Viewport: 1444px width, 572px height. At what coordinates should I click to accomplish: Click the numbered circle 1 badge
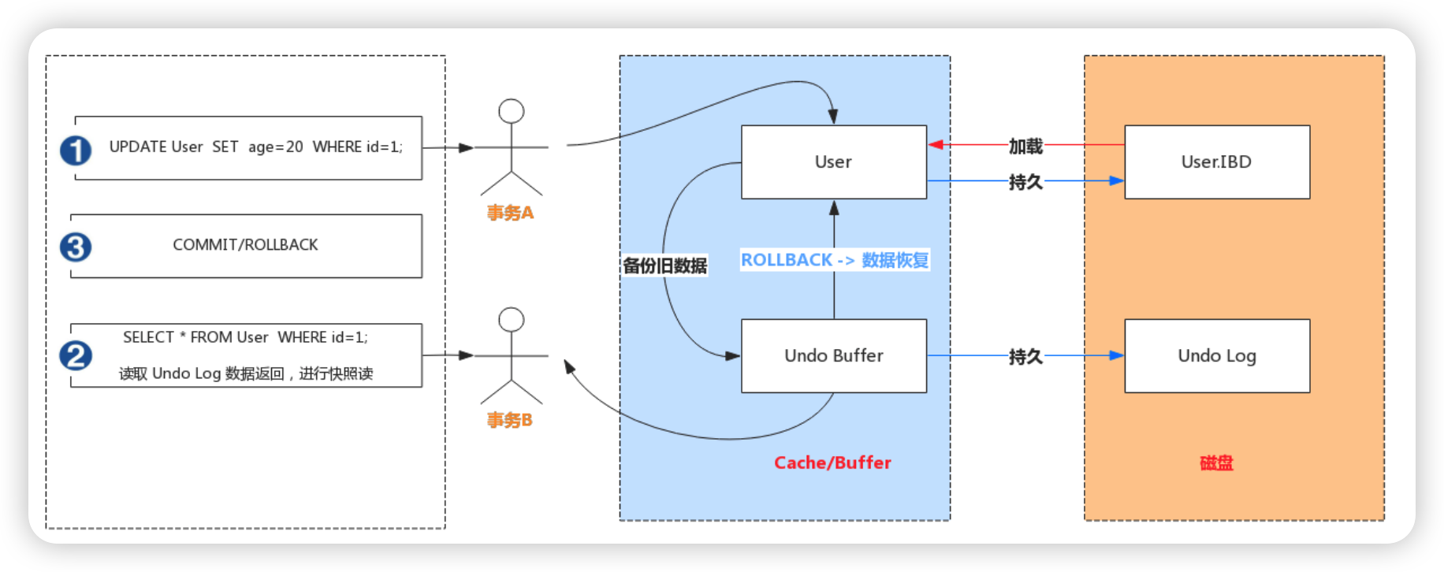(76, 150)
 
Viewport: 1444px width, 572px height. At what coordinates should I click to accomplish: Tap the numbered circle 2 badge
(76, 355)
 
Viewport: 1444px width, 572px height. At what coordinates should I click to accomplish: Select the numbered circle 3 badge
(76, 247)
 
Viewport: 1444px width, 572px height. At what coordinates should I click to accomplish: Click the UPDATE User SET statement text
(255, 147)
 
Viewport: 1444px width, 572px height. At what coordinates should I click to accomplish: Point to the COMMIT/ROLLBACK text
(245, 245)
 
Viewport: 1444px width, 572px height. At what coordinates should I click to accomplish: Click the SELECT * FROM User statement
(245, 337)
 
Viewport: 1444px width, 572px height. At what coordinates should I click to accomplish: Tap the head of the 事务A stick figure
(512, 111)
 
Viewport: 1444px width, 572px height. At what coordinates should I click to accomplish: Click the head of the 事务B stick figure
(512, 319)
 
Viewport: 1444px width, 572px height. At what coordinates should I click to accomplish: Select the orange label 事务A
(510, 213)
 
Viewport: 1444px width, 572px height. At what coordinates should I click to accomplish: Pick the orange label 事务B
(510, 420)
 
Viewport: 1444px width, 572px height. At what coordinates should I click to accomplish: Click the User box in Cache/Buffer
(834, 162)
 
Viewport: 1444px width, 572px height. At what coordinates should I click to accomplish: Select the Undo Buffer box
(834, 355)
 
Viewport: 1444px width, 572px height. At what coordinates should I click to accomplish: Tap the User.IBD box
(1217, 162)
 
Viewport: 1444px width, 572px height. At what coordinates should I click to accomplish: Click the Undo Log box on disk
(1217, 355)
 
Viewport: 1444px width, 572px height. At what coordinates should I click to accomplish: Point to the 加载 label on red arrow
(1025, 146)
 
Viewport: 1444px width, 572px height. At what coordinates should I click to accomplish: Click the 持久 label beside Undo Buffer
(1025, 357)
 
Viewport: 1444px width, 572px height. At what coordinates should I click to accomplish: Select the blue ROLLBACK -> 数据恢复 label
(835, 260)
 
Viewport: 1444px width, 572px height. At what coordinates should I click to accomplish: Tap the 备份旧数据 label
(664, 266)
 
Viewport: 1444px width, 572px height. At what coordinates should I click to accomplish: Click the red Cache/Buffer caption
(832, 462)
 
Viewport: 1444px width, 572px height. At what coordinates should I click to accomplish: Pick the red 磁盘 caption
(1216, 462)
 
